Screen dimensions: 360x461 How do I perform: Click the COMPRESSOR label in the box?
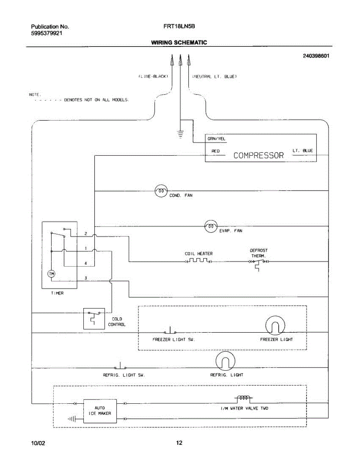click(x=259, y=156)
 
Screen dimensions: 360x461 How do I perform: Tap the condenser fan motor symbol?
click(x=161, y=191)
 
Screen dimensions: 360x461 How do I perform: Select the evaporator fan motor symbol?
click(x=211, y=226)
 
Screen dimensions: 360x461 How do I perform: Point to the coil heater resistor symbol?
click(x=199, y=261)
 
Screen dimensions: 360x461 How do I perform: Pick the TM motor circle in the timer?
click(x=51, y=274)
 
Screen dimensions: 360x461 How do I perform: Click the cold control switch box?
click(x=94, y=318)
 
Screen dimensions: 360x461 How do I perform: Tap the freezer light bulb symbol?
click(x=275, y=326)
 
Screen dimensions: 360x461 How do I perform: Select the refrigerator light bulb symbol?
click(x=225, y=361)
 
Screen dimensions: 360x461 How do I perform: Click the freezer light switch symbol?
click(x=170, y=331)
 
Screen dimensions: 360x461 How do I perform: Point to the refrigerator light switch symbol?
click(x=120, y=366)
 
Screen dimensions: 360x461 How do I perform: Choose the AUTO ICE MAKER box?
click(x=100, y=411)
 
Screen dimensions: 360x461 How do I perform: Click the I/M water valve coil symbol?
click(x=244, y=399)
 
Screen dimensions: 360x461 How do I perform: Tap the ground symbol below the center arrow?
click(x=180, y=134)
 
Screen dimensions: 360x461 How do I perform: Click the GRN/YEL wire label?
click(x=216, y=139)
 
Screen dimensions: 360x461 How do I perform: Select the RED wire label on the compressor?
click(x=216, y=151)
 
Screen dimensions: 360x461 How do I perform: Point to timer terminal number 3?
click(x=86, y=278)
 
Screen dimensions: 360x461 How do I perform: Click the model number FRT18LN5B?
click(x=179, y=26)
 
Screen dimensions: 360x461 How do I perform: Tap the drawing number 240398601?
click(x=316, y=56)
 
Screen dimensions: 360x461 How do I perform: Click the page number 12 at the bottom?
click(x=179, y=443)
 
